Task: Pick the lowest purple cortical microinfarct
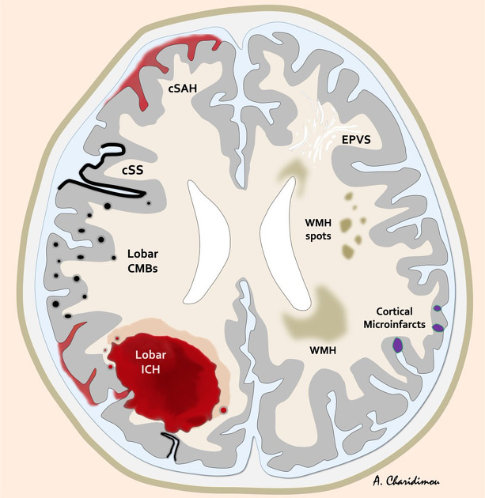pyautogui.click(x=397, y=345)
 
